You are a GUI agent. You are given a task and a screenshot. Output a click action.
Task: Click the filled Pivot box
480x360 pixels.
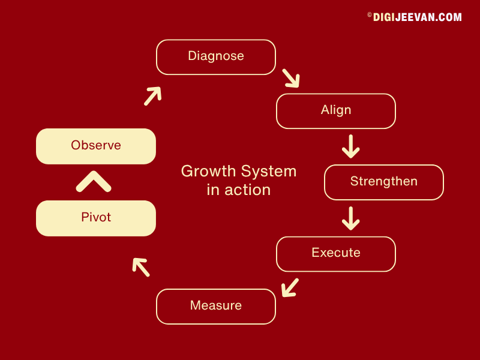(x=96, y=218)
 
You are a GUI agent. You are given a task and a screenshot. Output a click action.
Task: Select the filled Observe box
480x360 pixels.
(x=96, y=146)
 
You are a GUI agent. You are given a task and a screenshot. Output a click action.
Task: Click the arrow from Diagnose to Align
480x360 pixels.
(x=291, y=78)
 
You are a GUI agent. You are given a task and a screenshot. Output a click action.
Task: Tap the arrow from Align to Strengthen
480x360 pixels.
(x=351, y=146)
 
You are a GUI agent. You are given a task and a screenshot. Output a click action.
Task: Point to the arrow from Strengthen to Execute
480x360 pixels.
(x=351, y=218)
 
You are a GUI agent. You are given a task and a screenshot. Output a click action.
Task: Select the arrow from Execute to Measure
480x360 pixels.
(x=290, y=287)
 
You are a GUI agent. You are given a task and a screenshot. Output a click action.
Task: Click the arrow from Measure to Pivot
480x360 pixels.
(x=141, y=267)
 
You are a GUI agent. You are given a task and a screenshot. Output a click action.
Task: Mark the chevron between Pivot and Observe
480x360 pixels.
(x=94, y=181)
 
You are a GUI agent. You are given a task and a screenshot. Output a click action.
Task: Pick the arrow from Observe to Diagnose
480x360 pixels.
(x=152, y=96)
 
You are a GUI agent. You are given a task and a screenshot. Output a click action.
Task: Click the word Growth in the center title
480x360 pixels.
(x=209, y=172)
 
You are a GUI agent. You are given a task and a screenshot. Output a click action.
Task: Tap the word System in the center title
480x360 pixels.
(x=268, y=172)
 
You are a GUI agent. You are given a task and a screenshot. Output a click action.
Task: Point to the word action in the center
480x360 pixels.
(x=248, y=190)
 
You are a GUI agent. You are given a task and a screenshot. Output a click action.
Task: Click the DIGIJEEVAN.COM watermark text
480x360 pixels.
(x=417, y=17)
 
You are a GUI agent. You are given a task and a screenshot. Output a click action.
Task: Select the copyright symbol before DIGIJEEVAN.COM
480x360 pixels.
(x=370, y=14)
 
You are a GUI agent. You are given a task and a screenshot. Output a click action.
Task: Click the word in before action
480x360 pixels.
(x=214, y=190)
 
